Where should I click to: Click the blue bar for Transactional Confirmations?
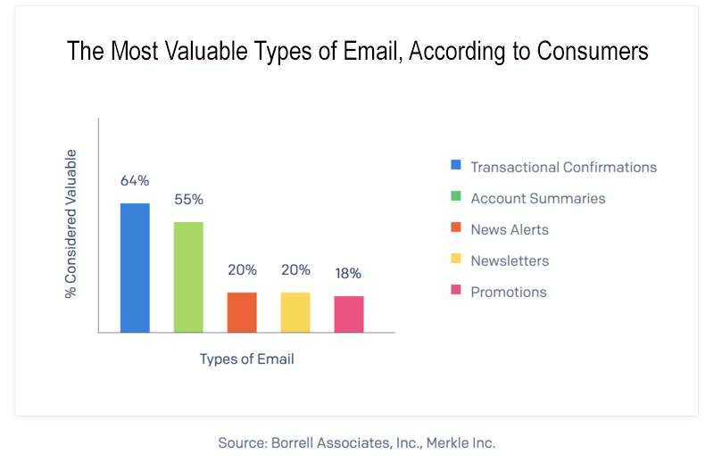point(135,268)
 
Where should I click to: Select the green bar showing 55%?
point(188,276)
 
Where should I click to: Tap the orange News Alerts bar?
point(242,312)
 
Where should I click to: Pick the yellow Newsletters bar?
point(295,312)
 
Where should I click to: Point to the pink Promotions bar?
point(349,314)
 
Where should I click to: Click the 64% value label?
point(135,181)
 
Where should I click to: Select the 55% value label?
point(188,200)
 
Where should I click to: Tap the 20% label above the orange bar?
point(242,269)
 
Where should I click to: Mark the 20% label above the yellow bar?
point(295,269)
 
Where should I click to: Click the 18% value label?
point(349,273)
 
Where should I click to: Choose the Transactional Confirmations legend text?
point(563,167)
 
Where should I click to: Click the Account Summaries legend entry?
point(537,198)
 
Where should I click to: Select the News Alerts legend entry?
point(509,229)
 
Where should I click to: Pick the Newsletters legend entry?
point(509,260)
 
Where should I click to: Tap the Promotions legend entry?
point(508,292)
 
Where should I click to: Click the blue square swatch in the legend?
point(456,166)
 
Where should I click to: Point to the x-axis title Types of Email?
point(246,359)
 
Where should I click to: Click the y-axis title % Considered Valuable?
point(71,224)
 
